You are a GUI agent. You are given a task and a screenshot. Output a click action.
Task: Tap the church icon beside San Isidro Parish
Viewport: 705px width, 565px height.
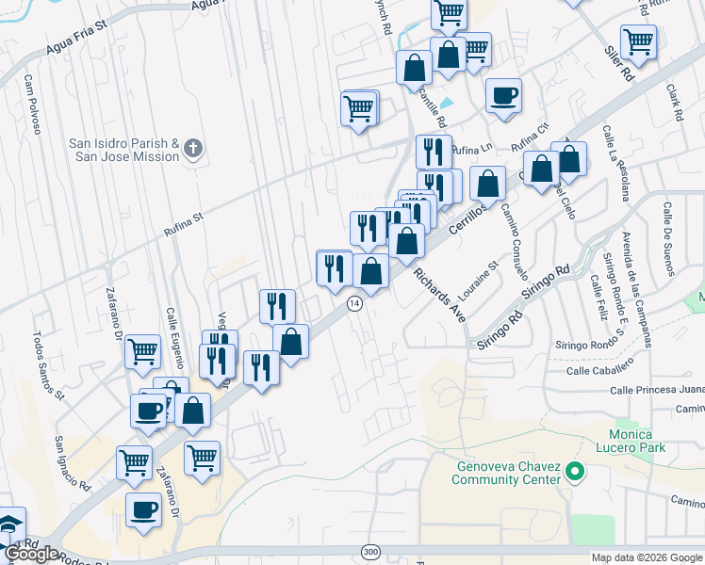[x=193, y=148]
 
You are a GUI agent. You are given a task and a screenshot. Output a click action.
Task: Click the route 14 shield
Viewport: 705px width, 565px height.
[x=354, y=303]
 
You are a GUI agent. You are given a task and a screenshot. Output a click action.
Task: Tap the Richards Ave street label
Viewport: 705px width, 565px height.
[x=437, y=295]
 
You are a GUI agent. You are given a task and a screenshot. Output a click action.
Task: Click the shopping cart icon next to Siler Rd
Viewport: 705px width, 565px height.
[x=639, y=42]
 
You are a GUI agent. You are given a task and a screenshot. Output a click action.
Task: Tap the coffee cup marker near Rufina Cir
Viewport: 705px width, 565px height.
[x=503, y=95]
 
